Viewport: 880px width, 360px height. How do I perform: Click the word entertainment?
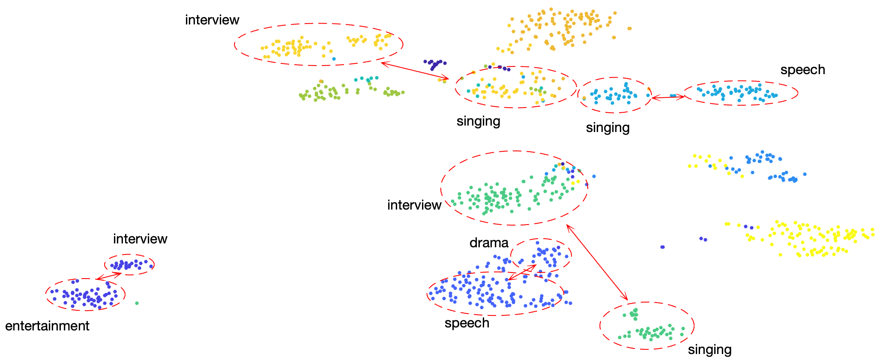[x=47, y=326]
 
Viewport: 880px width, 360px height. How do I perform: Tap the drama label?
[x=489, y=243]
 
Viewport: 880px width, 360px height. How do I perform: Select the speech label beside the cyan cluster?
[x=802, y=70]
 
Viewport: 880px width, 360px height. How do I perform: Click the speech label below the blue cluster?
[x=467, y=323]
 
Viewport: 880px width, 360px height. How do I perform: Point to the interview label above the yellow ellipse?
[x=212, y=20]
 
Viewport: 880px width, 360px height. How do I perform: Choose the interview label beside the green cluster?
[x=414, y=205]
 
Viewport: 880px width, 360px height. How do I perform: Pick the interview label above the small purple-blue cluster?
[x=140, y=239]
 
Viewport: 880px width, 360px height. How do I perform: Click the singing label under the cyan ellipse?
[x=608, y=128]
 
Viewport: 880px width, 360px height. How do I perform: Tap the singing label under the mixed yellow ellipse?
[x=478, y=121]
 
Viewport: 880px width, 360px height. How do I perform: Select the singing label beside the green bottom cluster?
[x=709, y=350]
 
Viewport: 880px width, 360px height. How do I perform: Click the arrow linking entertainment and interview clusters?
[x=109, y=276]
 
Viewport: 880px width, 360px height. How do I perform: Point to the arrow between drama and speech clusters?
[x=522, y=273]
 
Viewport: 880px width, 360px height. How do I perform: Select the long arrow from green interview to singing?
[x=597, y=262]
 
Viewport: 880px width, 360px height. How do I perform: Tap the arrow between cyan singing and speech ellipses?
[x=667, y=98]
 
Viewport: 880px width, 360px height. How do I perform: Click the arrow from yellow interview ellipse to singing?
[x=414, y=71]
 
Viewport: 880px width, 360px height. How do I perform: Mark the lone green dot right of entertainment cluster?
[x=137, y=303]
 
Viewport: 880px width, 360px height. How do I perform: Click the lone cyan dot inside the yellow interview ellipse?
[x=334, y=59]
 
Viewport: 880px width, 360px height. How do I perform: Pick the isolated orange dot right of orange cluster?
[x=629, y=29]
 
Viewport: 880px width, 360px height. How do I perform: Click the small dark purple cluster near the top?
[x=435, y=65]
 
